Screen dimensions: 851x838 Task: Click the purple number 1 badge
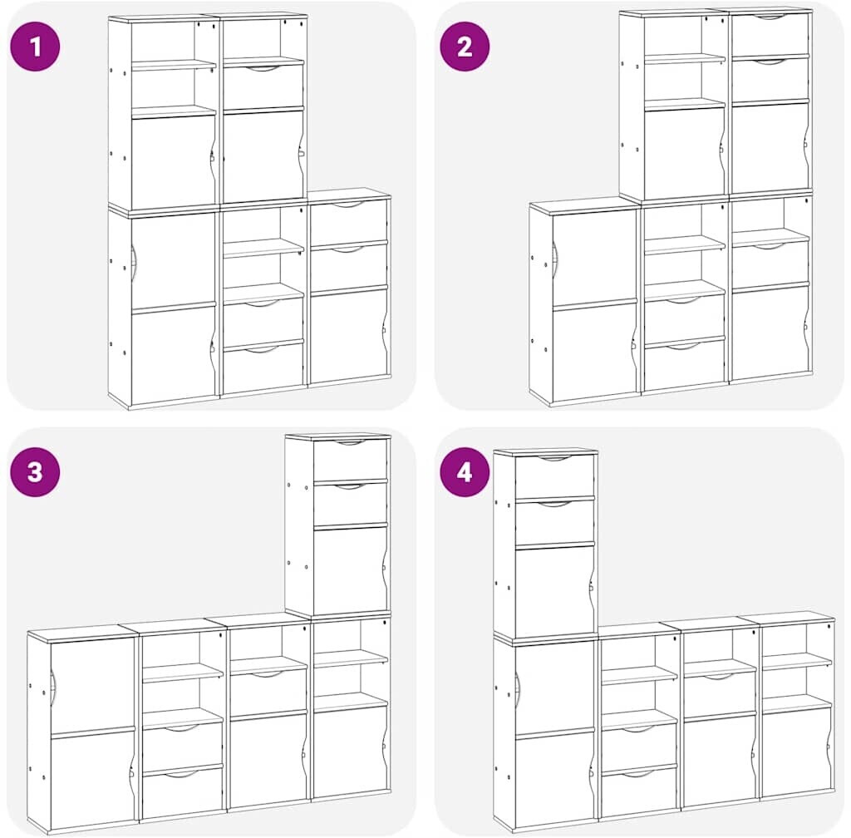point(35,46)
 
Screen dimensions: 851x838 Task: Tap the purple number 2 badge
point(465,46)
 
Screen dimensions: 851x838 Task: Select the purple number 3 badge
point(35,471)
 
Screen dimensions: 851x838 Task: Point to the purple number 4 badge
point(465,471)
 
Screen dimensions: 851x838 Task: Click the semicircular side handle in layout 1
point(134,264)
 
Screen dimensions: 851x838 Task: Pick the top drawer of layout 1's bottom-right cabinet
point(348,222)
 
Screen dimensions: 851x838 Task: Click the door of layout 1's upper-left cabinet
point(174,160)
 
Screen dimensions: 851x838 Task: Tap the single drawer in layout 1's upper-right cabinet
point(263,86)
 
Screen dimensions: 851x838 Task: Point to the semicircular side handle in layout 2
point(554,259)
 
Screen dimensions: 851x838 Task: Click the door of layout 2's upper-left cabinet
point(685,153)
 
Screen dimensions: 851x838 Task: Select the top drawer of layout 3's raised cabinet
point(351,459)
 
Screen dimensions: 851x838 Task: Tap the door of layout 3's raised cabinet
point(351,569)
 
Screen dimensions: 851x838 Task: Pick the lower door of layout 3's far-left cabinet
point(92,779)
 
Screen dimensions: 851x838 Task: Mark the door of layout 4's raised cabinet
point(554,590)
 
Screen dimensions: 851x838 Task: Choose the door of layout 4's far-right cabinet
point(797,751)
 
